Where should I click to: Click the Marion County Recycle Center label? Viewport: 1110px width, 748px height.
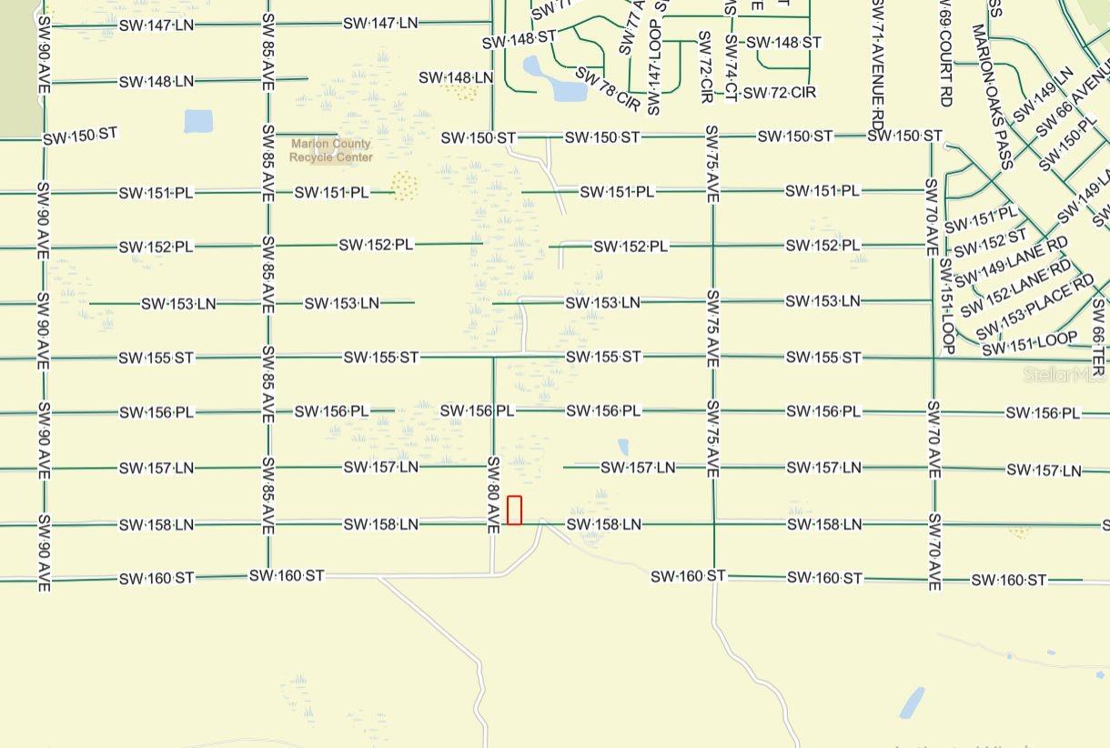click(331, 150)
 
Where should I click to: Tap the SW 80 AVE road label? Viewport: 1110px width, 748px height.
click(493, 494)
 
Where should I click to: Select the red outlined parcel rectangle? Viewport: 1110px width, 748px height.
click(514, 510)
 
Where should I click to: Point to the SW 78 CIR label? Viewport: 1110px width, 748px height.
click(609, 88)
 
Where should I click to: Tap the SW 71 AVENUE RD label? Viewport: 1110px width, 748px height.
click(877, 51)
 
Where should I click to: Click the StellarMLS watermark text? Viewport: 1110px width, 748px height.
click(1065, 374)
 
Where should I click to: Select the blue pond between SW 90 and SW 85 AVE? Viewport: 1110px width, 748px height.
click(197, 121)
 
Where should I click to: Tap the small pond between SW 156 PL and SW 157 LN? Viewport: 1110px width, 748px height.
click(623, 447)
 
